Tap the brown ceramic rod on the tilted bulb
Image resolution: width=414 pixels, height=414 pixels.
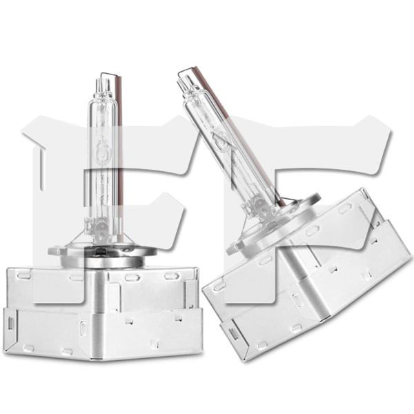[237, 135]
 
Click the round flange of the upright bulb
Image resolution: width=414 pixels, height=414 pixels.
[102, 254]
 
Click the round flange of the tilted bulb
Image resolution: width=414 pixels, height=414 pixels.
[275, 224]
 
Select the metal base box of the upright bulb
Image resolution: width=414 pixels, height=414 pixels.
[102, 314]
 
